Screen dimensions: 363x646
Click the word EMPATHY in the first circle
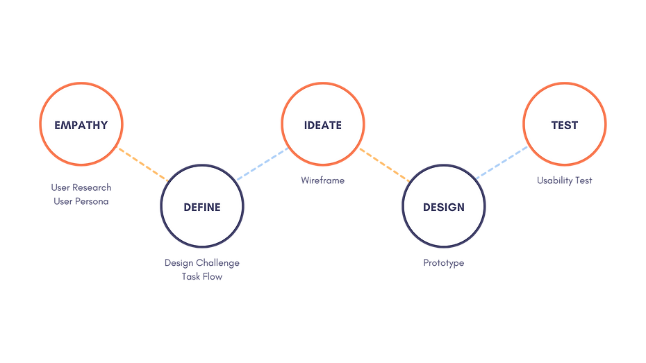81,126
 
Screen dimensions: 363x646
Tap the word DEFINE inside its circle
202,207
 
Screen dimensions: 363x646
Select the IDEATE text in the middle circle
323,126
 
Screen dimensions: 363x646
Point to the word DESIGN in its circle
444,207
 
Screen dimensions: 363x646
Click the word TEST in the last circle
565,126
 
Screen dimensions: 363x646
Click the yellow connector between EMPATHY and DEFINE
142,164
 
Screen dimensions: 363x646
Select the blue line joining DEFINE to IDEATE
263,164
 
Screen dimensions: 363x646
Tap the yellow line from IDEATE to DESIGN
384,164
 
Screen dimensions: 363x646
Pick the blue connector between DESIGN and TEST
503,162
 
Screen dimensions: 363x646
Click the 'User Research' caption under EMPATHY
81,187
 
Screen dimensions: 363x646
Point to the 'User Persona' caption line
81,202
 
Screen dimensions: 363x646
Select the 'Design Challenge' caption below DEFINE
202,263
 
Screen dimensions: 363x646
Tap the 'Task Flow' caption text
202,277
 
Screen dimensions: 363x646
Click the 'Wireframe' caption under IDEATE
323,181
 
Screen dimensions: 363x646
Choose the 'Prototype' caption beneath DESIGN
444,263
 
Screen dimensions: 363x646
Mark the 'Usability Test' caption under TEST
565,181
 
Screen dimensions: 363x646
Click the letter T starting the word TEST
554,126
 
